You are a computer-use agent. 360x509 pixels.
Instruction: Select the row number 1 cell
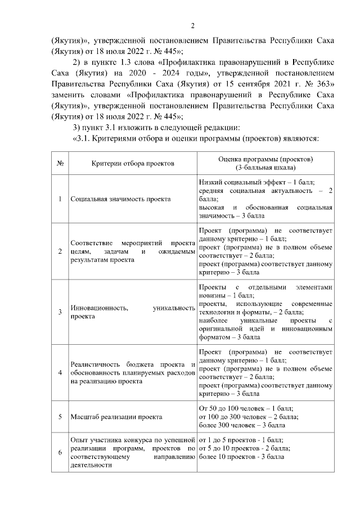[60, 199]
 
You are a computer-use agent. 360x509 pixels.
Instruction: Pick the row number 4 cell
[60, 372]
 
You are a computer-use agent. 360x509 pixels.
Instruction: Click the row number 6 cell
[60, 452]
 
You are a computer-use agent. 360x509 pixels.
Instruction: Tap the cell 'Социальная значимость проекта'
[120, 199]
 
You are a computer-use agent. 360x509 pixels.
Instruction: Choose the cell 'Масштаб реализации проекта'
[116, 417]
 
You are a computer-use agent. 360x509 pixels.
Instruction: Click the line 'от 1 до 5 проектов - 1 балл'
[241, 440]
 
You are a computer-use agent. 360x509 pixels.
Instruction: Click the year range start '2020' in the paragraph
[141, 73]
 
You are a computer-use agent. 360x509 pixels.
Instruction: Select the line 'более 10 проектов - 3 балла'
[241, 457]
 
